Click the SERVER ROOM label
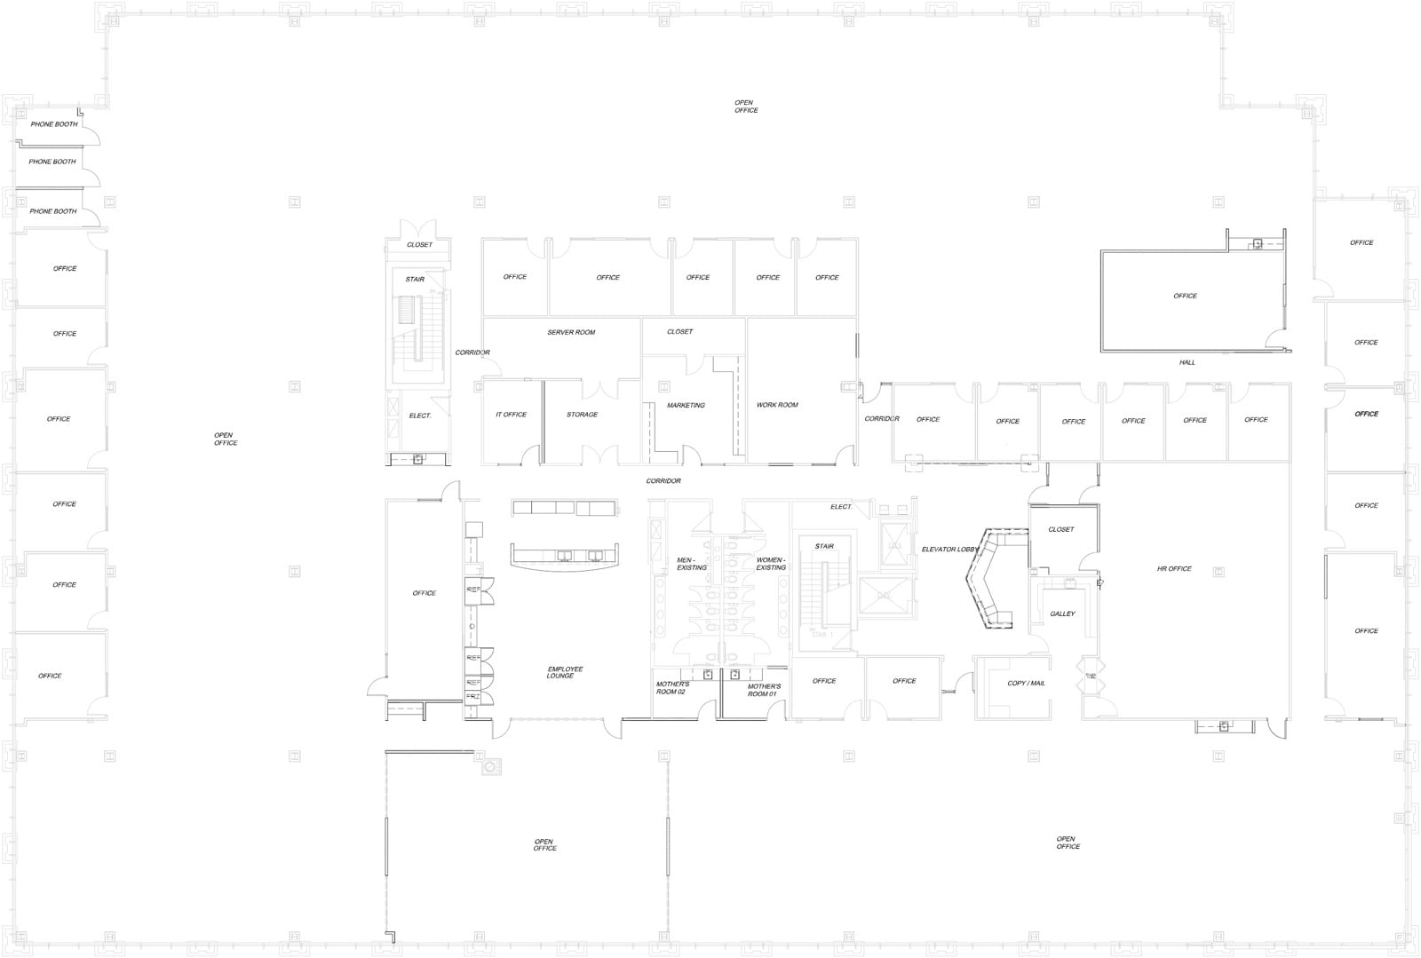click(571, 332)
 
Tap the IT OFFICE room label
click(511, 415)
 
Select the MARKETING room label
click(686, 405)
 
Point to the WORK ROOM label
click(777, 405)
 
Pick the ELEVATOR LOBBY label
click(949, 550)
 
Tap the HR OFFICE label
click(1174, 568)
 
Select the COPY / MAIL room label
click(1026, 683)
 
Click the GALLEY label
click(1062, 614)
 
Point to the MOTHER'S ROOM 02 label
click(671, 688)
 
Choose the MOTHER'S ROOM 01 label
click(764, 690)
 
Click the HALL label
click(1187, 362)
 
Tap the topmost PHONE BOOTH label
click(54, 124)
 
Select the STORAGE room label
click(582, 415)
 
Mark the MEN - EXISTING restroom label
click(691, 564)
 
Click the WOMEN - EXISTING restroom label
click(770, 564)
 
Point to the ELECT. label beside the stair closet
click(420, 416)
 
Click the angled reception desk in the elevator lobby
click(990, 577)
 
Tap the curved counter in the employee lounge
click(566, 558)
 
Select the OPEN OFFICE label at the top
click(745, 107)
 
